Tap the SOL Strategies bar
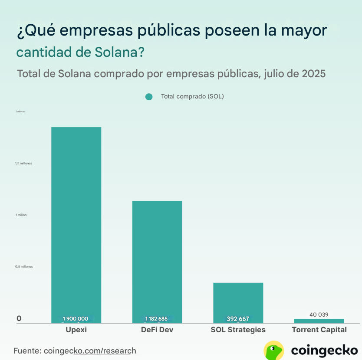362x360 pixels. (238, 299)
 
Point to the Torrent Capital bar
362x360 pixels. (319, 321)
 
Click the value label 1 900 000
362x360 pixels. (76, 319)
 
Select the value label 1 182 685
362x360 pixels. (157, 319)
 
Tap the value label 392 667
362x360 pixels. (238, 319)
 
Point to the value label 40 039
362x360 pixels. (319, 314)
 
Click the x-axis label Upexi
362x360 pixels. (76, 330)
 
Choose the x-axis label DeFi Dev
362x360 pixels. (157, 330)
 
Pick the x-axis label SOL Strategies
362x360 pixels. (238, 330)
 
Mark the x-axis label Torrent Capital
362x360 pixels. (319, 330)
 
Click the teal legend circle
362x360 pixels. (149, 97)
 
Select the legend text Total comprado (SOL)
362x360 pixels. (192, 96)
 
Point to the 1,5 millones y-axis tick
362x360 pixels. (23, 164)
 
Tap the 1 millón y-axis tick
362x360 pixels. (21, 215)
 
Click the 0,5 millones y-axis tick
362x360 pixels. (23, 267)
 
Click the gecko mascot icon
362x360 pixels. (274, 350)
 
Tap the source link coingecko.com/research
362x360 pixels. (90, 350)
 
